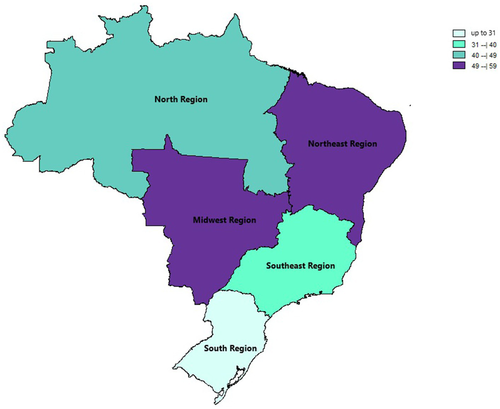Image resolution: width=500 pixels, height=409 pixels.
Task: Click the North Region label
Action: (x=181, y=99)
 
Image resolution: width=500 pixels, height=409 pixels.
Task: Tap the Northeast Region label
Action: (x=342, y=144)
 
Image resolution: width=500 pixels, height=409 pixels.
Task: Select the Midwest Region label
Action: (x=224, y=220)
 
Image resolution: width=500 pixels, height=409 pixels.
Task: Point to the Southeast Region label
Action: (x=300, y=266)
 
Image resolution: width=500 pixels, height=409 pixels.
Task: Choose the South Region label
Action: (x=230, y=348)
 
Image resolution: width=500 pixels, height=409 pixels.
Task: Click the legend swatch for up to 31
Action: (x=459, y=34)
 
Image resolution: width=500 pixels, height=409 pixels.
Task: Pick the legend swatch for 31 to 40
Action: (x=459, y=44)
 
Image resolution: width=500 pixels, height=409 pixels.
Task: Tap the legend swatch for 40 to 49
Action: (x=459, y=55)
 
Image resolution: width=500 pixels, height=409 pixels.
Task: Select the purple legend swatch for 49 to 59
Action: (x=459, y=65)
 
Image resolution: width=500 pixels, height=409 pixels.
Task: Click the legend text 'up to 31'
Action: (x=483, y=33)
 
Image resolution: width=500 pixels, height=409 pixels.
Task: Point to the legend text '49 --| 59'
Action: (x=484, y=66)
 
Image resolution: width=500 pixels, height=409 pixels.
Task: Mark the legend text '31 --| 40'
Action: (x=484, y=45)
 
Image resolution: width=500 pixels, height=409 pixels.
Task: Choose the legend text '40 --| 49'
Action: (x=484, y=55)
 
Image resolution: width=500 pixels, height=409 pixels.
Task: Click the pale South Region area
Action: (x=234, y=325)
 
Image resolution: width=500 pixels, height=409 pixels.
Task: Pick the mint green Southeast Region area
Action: (x=311, y=240)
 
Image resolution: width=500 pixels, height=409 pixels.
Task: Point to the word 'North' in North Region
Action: (x=166, y=99)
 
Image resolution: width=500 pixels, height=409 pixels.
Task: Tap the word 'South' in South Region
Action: (x=215, y=348)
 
